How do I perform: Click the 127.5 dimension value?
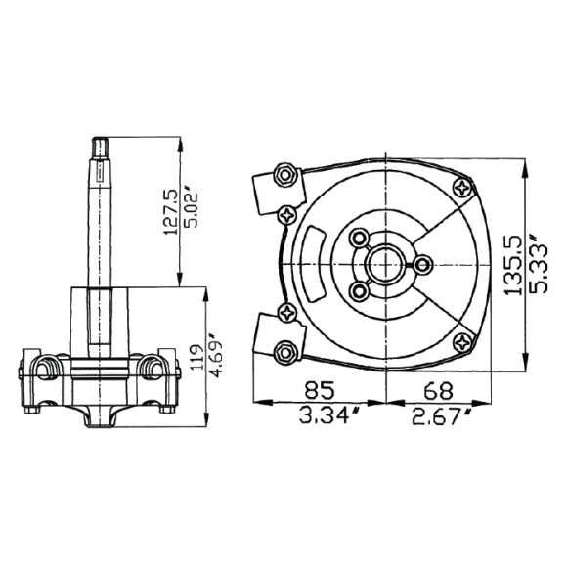click(170, 211)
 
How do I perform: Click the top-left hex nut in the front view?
click(286, 176)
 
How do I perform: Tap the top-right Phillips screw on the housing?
click(461, 188)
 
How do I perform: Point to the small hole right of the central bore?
click(423, 264)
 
